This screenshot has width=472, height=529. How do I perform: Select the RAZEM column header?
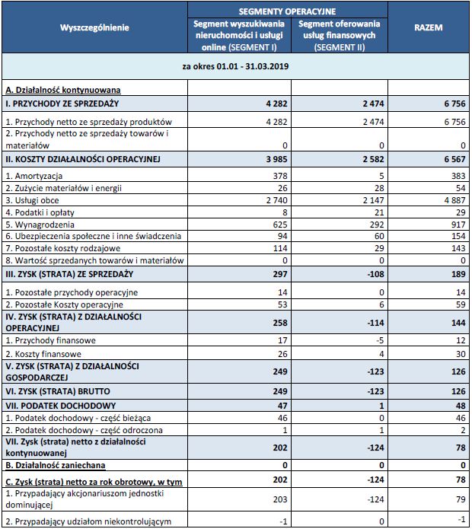[x=429, y=27]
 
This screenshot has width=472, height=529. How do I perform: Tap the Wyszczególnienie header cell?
[x=94, y=27]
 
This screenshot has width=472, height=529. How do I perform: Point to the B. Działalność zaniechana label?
[x=56, y=464]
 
